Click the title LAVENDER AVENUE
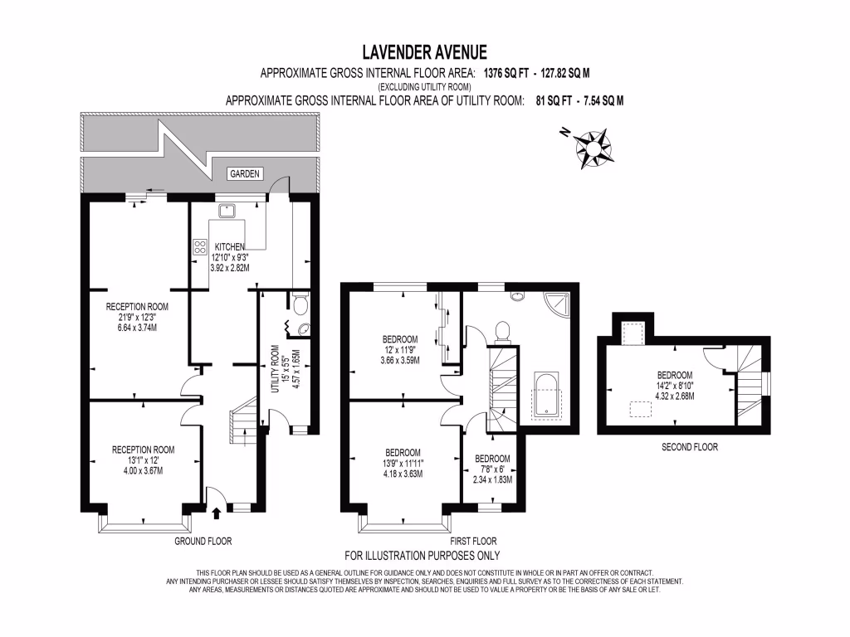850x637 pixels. [424, 52]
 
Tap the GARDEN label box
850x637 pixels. [245, 174]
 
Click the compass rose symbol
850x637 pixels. [593, 148]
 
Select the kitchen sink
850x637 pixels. [224, 210]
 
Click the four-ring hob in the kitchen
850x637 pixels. [200, 247]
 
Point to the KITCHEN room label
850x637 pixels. [229, 246]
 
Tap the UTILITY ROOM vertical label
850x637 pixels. [275, 369]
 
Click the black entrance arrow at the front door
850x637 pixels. [217, 513]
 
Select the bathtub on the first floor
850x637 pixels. [546, 395]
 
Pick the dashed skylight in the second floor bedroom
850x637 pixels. [640, 409]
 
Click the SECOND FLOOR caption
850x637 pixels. [690, 447]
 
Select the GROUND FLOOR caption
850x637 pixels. [203, 541]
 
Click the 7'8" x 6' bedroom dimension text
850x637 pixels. [492, 469]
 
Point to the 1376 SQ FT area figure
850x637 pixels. [506, 73]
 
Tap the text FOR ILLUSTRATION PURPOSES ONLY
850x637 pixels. [423, 555]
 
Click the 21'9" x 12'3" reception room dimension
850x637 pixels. [137, 318]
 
